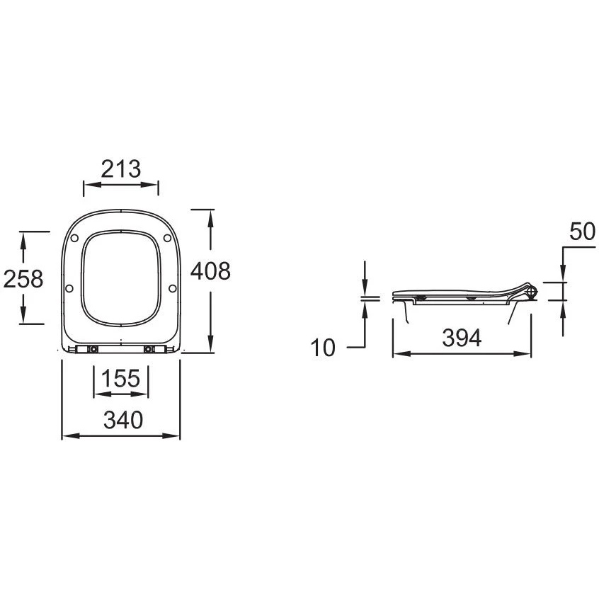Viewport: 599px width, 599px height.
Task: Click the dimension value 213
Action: (120, 169)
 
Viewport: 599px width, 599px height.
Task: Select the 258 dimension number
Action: (23, 278)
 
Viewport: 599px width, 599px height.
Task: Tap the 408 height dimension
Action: (210, 271)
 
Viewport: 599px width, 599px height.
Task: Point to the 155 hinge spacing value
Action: (120, 378)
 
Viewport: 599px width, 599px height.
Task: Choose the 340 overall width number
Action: (123, 419)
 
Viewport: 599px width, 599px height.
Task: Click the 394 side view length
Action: (462, 338)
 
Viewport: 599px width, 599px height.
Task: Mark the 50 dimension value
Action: (582, 232)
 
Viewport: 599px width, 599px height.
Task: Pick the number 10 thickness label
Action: (323, 348)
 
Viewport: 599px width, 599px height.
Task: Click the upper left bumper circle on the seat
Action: (74, 238)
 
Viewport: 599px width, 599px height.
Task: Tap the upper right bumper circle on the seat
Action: (167, 238)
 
